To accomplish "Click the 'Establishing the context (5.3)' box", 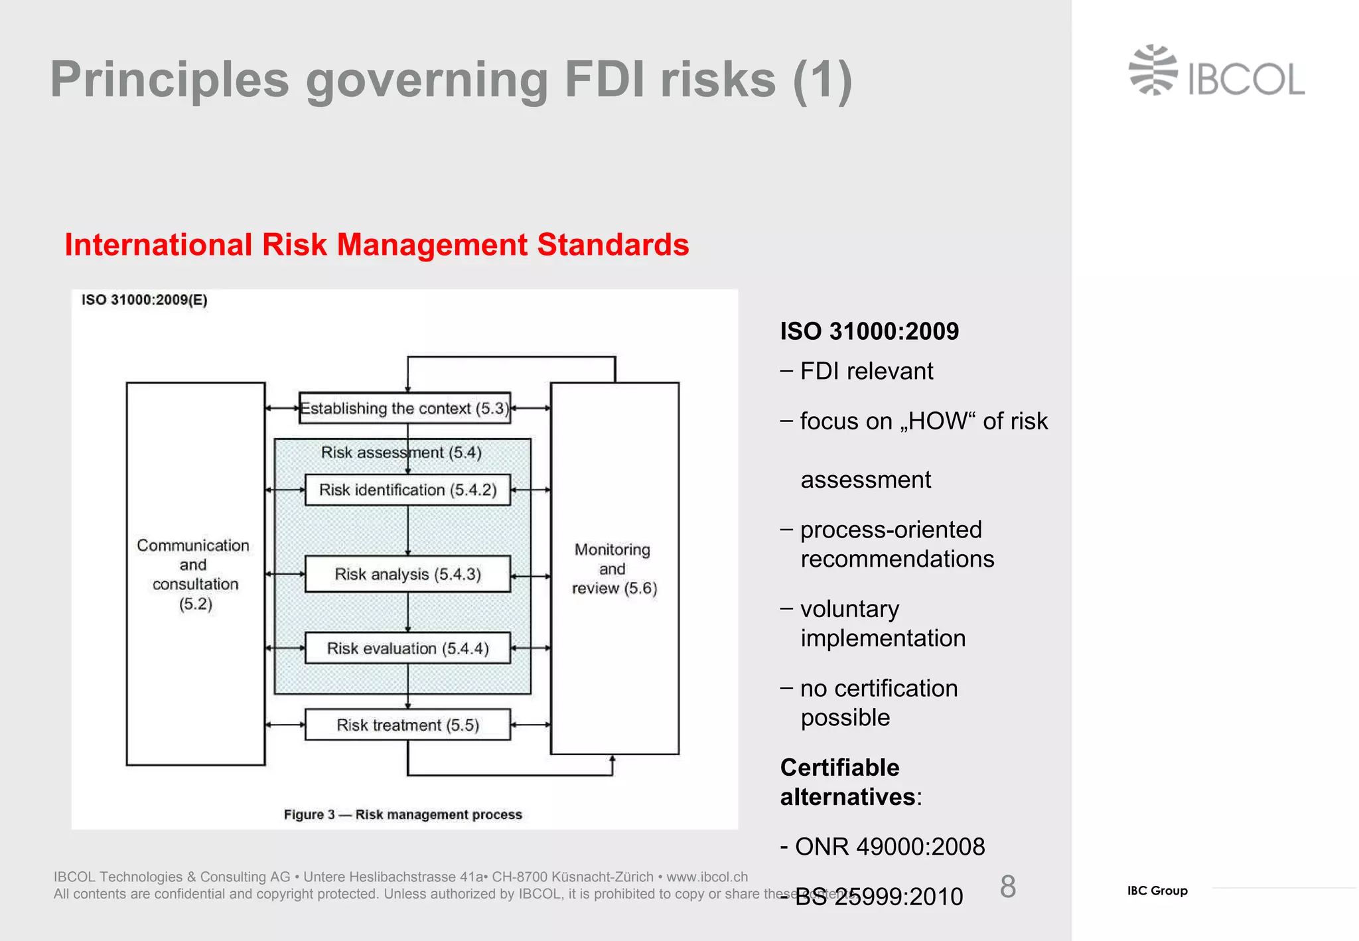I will click(x=405, y=408).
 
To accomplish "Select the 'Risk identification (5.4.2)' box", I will click(x=407, y=490).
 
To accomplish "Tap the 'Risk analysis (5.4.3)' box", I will click(x=407, y=574).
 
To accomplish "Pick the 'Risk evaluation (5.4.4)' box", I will click(x=407, y=648).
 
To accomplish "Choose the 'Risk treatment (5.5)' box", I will click(x=407, y=725).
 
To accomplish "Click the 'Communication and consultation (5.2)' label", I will click(x=194, y=574).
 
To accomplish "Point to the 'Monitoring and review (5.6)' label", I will click(x=614, y=569).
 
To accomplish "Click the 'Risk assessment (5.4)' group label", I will click(x=401, y=453).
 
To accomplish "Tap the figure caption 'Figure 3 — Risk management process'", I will click(x=403, y=814).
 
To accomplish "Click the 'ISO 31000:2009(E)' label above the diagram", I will click(x=145, y=300).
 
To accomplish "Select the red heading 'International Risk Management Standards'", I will click(x=377, y=244).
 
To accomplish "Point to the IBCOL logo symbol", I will click(x=1153, y=70).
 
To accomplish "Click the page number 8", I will click(x=1007, y=887).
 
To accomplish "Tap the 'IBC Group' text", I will click(x=1157, y=891).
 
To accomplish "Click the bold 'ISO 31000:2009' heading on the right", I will click(x=869, y=331).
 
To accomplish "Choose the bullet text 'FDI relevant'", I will click(x=867, y=371).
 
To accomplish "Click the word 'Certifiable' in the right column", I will click(x=840, y=767).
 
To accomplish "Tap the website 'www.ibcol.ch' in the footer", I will click(x=707, y=877).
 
